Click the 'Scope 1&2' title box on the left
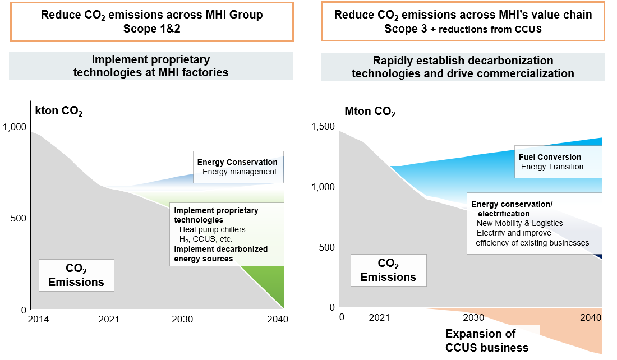tap(151, 21)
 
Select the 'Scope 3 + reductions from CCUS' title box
tap(463, 21)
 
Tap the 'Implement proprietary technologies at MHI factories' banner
tap(151, 66)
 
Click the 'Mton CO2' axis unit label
tap(370, 112)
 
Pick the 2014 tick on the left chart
tap(38, 319)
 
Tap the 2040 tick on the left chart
tap(278, 319)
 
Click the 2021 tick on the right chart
tap(379, 317)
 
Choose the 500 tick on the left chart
tap(19, 218)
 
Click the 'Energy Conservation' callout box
tap(238, 167)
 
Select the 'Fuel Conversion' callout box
tap(558, 162)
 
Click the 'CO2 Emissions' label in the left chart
tap(76, 275)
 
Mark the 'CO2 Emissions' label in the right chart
tap(388, 270)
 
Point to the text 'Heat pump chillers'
tap(212, 229)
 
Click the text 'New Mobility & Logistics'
tap(519, 223)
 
